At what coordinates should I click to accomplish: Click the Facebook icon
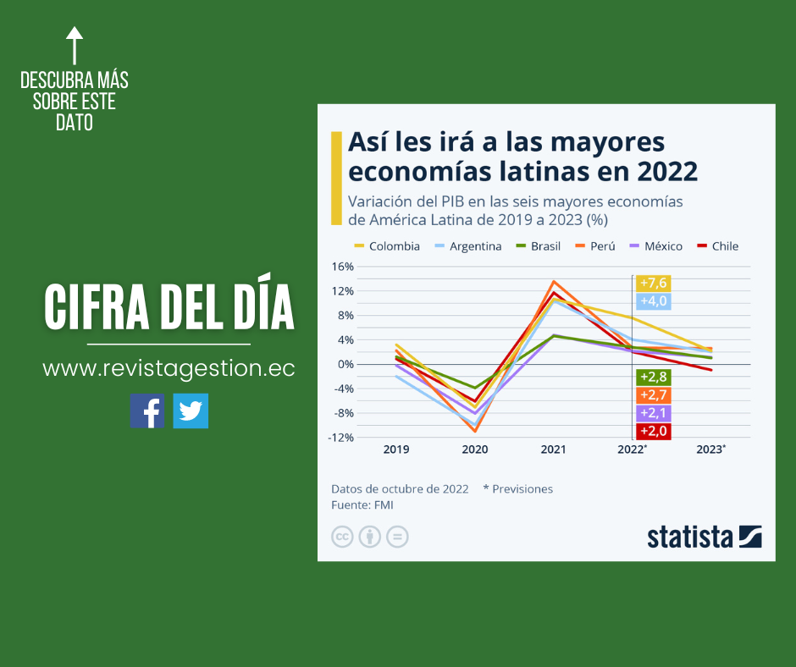point(147,411)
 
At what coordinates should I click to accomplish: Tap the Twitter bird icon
point(191,411)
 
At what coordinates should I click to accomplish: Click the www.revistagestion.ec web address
point(169,369)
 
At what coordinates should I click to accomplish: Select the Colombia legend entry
point(386,246)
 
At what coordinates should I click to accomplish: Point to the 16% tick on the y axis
point(343,267)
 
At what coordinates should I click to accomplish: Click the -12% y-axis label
point(342,438)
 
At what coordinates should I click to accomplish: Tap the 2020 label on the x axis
point(475,449)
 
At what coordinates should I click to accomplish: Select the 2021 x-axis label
point(554,449)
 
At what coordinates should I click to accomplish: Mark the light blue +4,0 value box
point(654,301)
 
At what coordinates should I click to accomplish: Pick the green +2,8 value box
point(654,378)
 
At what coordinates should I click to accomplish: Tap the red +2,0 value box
point(654,432)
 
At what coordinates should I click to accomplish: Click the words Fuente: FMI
point(362,505)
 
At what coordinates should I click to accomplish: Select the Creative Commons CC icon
point(342,537)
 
